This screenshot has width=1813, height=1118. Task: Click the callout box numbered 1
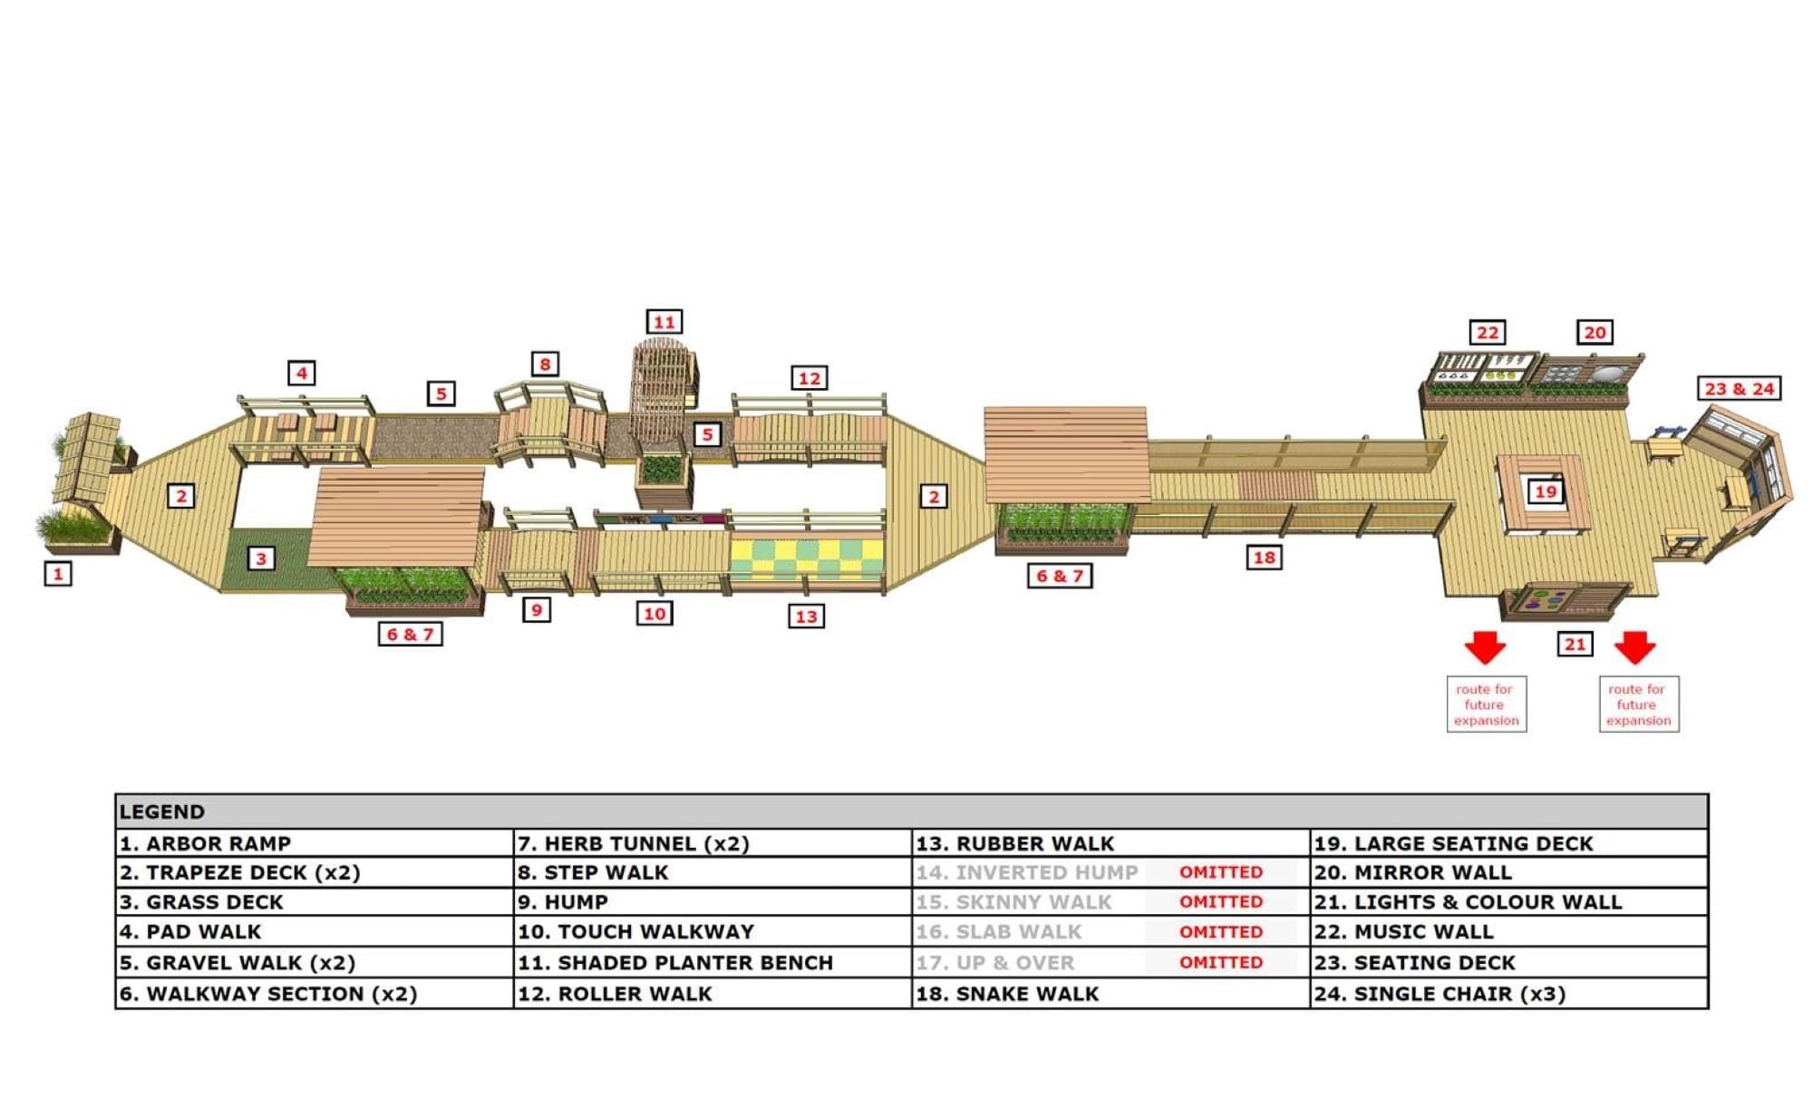(x=58, y=573)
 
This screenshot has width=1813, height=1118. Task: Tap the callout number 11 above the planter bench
(x=664, y=322)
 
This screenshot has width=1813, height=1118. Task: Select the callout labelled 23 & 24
(x=1739, y=388)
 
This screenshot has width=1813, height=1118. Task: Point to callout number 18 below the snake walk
(x=1264, y=558)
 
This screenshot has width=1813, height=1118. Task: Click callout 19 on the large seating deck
(x=1545, y=491)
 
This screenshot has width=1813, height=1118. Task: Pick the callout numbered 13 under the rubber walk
(x=806, y=617)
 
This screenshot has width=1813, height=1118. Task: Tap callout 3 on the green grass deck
(x=261, y=558)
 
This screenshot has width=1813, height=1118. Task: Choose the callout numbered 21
(x=1575, y=644)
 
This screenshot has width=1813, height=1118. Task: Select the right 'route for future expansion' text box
(x=1638, y=705)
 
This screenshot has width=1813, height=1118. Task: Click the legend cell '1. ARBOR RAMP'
(x=205, y=843)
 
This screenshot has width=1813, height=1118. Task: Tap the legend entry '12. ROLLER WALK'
(x=615, y=994)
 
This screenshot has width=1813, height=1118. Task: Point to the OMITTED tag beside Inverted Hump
(x=1220, y=872)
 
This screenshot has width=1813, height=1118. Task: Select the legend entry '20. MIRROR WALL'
(x=1412, y=872)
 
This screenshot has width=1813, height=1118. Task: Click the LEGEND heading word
(x=162, y=812)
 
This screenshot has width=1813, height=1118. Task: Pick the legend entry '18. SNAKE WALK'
(x=1007, y=994)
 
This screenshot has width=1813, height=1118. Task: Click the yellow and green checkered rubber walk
(x=806, y=560)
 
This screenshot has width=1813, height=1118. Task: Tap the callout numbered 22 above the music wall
(x=1488, y=333)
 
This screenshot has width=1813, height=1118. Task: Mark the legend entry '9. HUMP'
(x=563, y=902)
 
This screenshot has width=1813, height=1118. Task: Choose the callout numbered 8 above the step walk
(x=545, y=365)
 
